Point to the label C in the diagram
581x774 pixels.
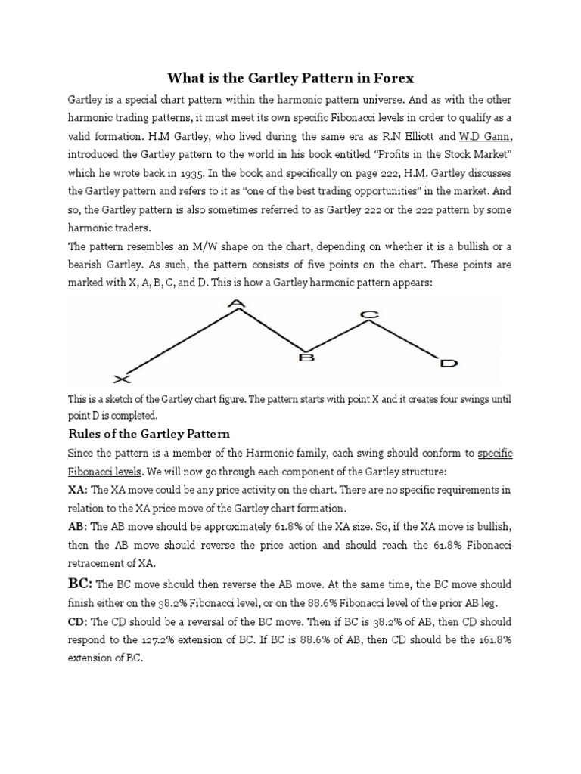point(368,313)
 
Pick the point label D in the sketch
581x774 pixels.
point(449,364)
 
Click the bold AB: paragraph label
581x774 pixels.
point(79,528)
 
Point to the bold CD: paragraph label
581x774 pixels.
point(79,621)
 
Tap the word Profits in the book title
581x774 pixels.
point(365,155)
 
